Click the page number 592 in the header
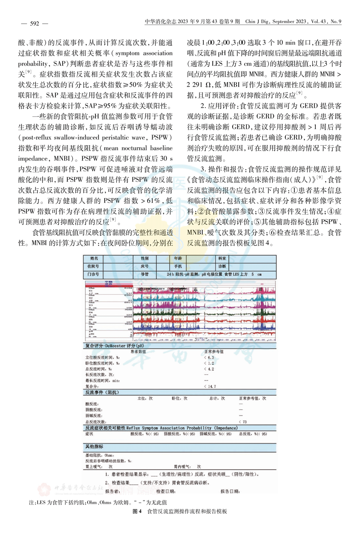click(35, 23)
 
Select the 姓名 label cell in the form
click(94, 258)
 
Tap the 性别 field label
click(145, 258)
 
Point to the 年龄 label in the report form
click(178, 258)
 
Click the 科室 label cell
click(222, 258)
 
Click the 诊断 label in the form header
click(222, 266)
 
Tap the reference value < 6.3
click(209, 357)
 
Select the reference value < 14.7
click(210, 386)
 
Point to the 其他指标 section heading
click(94, 447)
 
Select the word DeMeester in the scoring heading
click(116, 346)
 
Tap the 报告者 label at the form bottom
click(112, 491)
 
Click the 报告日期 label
click(230, 491)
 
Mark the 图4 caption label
click(137, 511)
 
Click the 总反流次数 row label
click(95, 421)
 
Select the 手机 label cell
click(178, 266)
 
